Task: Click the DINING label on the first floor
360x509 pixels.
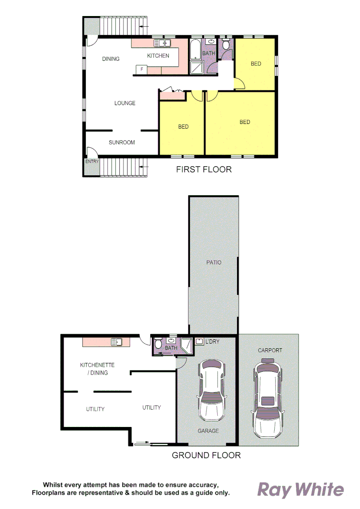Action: tap(111, 59)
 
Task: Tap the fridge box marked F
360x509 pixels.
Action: tap(141, 70)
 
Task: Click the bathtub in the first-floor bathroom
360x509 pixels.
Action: tap(195, 50)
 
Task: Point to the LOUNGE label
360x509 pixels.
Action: tap(125, 103)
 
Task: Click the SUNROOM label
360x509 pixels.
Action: tap(122, 142)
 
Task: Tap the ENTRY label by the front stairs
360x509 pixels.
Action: tap(91, 161)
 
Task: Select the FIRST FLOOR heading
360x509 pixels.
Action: tap(204, 169)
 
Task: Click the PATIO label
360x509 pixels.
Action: tap(213, 263)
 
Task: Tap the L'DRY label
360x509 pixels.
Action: tap(213, 342)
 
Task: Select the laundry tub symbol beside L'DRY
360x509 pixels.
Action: tap(200, 342)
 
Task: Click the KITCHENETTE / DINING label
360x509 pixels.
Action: tap(97, 369)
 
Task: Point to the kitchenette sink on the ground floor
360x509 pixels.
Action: tap(116, 342)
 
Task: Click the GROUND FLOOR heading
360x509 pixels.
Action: tap(206, 455)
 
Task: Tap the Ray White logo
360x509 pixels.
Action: tap(300, 490)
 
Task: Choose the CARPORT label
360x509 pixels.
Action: tap(270, 350)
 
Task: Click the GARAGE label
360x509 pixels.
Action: tap(208, 431)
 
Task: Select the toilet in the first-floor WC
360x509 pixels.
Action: tap(227, 45)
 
